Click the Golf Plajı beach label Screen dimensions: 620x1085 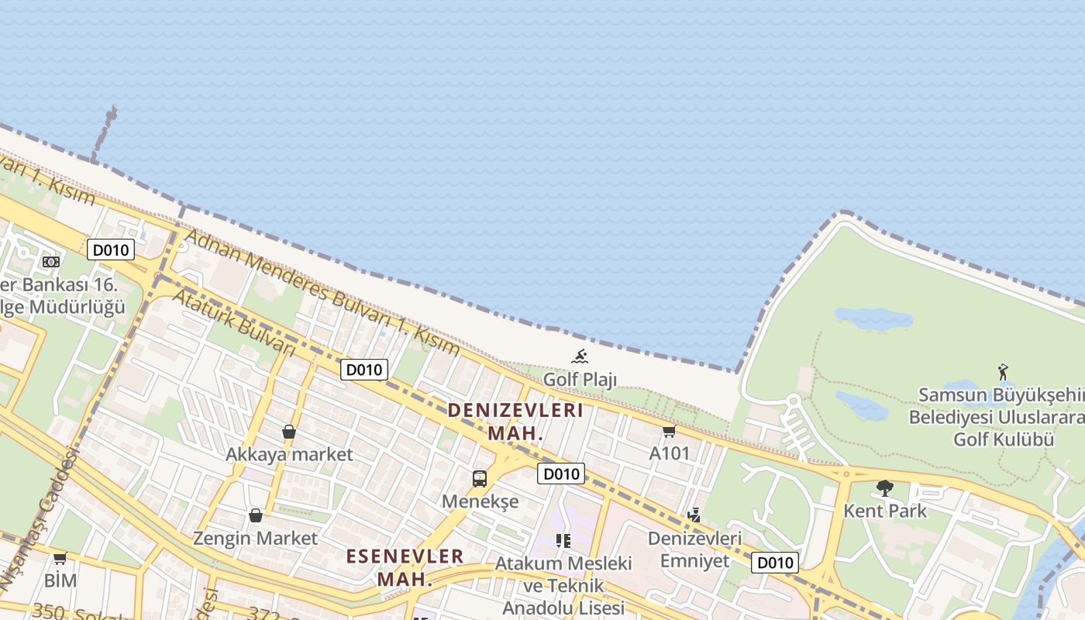coord(580,380)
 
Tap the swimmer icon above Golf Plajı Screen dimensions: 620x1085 coord(580,356)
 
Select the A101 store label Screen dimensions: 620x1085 coord(670,453)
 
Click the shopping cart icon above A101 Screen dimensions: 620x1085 coord(669,431)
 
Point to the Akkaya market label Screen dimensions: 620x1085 coord(289,454)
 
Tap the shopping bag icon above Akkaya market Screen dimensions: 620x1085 coord(289,432)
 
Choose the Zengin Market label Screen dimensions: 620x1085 coord(255,538)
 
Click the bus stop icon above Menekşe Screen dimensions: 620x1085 coord(480,478)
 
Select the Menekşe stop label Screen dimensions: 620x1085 coord(480,501)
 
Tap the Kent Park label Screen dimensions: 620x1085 coord(884,511)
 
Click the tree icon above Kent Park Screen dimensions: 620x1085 coord(884,488)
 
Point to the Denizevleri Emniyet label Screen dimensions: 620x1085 coord(694,549)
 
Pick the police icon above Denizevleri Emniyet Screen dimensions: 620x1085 coord(694,515)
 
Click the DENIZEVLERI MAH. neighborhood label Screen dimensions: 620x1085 coord(515,421)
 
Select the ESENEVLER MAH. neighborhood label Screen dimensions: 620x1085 coord(405,567)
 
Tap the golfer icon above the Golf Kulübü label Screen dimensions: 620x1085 coord(1004,372)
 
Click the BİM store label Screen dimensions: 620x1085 coord(60,580)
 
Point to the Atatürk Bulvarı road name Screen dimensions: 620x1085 coord(233,322)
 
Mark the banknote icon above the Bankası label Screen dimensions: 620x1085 coord(51,262)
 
